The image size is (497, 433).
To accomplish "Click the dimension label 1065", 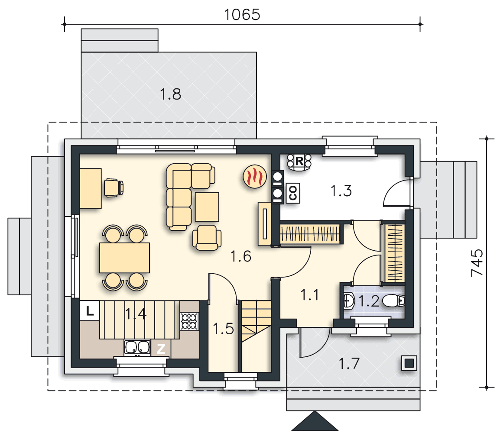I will point(242,14).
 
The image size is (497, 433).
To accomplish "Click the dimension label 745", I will point(477,262).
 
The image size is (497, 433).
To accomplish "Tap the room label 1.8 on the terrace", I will point(170,94).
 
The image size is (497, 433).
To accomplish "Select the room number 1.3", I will point(341,191).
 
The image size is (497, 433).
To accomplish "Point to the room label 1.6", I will point(241,257).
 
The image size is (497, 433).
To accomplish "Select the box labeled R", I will point(299,162).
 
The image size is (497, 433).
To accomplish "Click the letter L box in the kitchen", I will point(90,310).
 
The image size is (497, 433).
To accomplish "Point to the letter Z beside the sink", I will point(161,349).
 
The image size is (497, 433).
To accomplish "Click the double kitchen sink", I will point(137,347).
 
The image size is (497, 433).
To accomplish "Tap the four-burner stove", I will point(189,321).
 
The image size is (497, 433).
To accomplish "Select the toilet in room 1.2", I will point(395,300).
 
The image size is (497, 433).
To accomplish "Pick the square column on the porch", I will point(409,363).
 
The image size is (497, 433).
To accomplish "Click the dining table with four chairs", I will point(124,258).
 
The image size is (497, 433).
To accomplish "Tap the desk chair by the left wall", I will point(114,187).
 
